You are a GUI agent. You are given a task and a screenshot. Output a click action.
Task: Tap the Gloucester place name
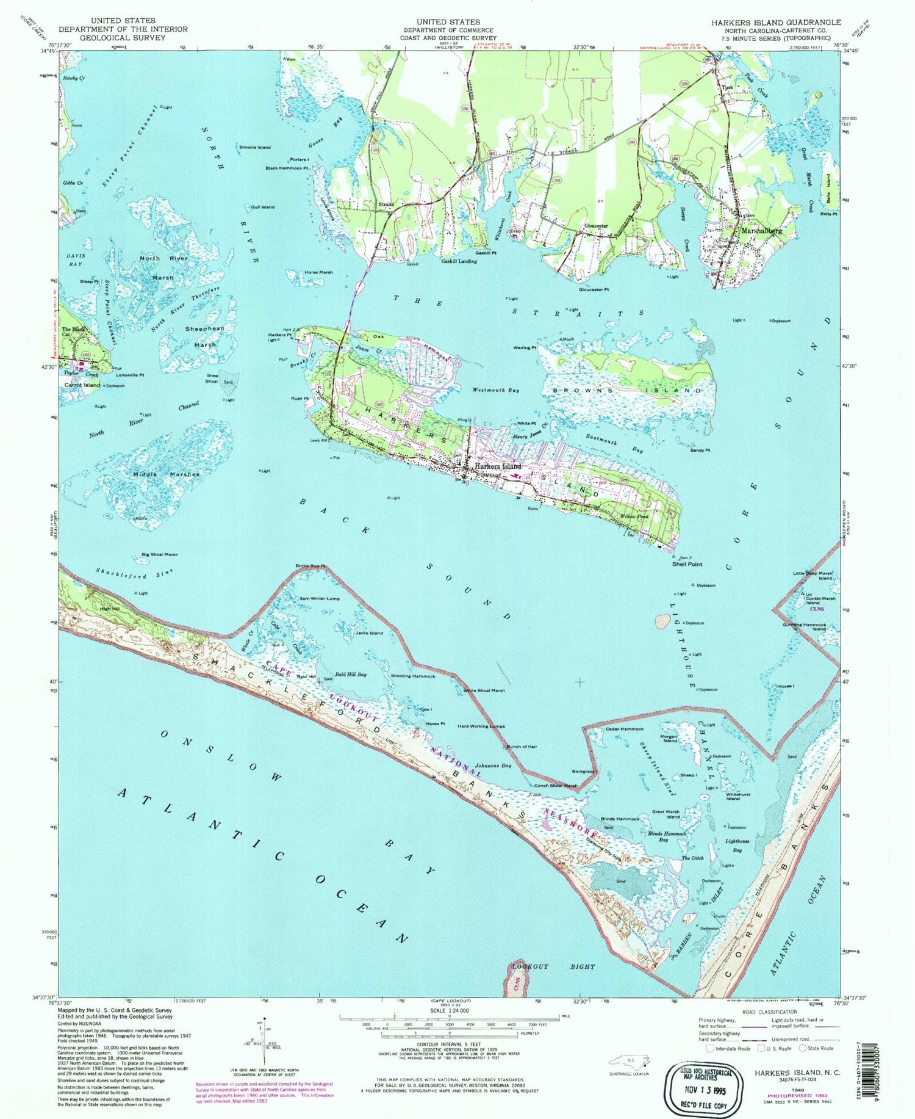tap(596, 226)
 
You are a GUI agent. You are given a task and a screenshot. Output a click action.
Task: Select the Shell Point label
tap(687, 564)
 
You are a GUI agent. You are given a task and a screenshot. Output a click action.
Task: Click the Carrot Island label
tap(82, 385)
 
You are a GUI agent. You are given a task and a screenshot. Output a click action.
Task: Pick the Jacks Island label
tap(369, 633)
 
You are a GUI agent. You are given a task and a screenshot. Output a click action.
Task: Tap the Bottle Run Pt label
tap(311, 566)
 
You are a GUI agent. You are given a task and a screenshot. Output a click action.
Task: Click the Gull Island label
tap(263, 207)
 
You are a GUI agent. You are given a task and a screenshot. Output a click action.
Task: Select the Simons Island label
tap(255, 147)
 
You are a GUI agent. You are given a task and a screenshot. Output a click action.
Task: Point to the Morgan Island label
tap(670, 739)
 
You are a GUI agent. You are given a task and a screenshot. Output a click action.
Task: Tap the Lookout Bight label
tap(544, 967)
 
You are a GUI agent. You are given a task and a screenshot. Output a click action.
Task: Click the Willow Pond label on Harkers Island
tap(634, 516)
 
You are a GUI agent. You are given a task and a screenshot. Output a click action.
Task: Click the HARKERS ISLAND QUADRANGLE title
tap(775, 22)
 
